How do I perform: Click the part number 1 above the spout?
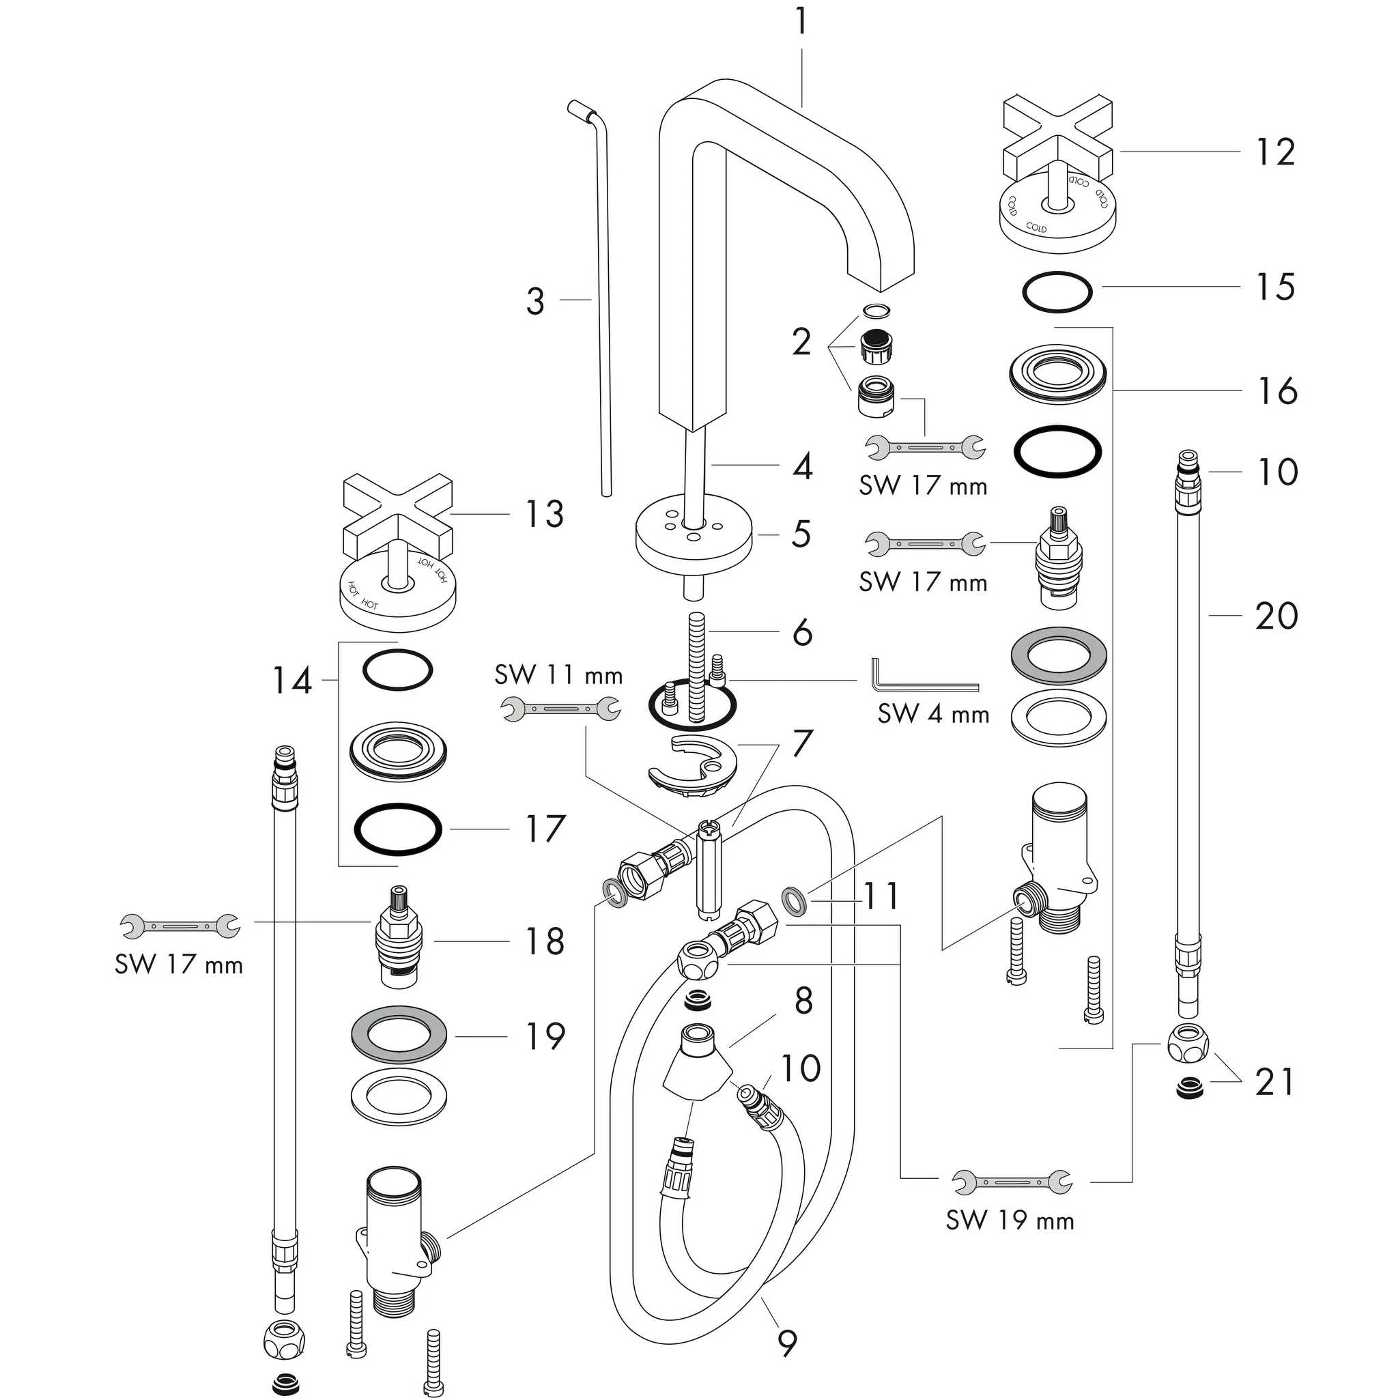pyautogui.click(x=800, y=22)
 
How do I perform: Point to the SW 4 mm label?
pyautogui.click(x=933, y=715)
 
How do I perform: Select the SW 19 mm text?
pyautogui.click(x=1010, y=1221)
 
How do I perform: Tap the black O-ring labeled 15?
pyautogui.click(x=1057, y=292)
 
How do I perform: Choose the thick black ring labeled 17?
pyautogui.click(x=397, y=829)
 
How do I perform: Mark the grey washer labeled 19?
pyautogui.click(x=398, y=1035)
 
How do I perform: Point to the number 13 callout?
pyautogui.click(x=544, y=515)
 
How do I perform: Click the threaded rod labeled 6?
pyautogui.click(x=697, y=666)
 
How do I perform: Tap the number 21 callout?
pyautogui.click(x=1274, y=1083)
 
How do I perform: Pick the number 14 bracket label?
pyautogui.click(x=291, y=681)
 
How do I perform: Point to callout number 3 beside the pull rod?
pyautogui.click(x=534, y=301)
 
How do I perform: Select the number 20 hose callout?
pyautogui.click(x=1276, y=616)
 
